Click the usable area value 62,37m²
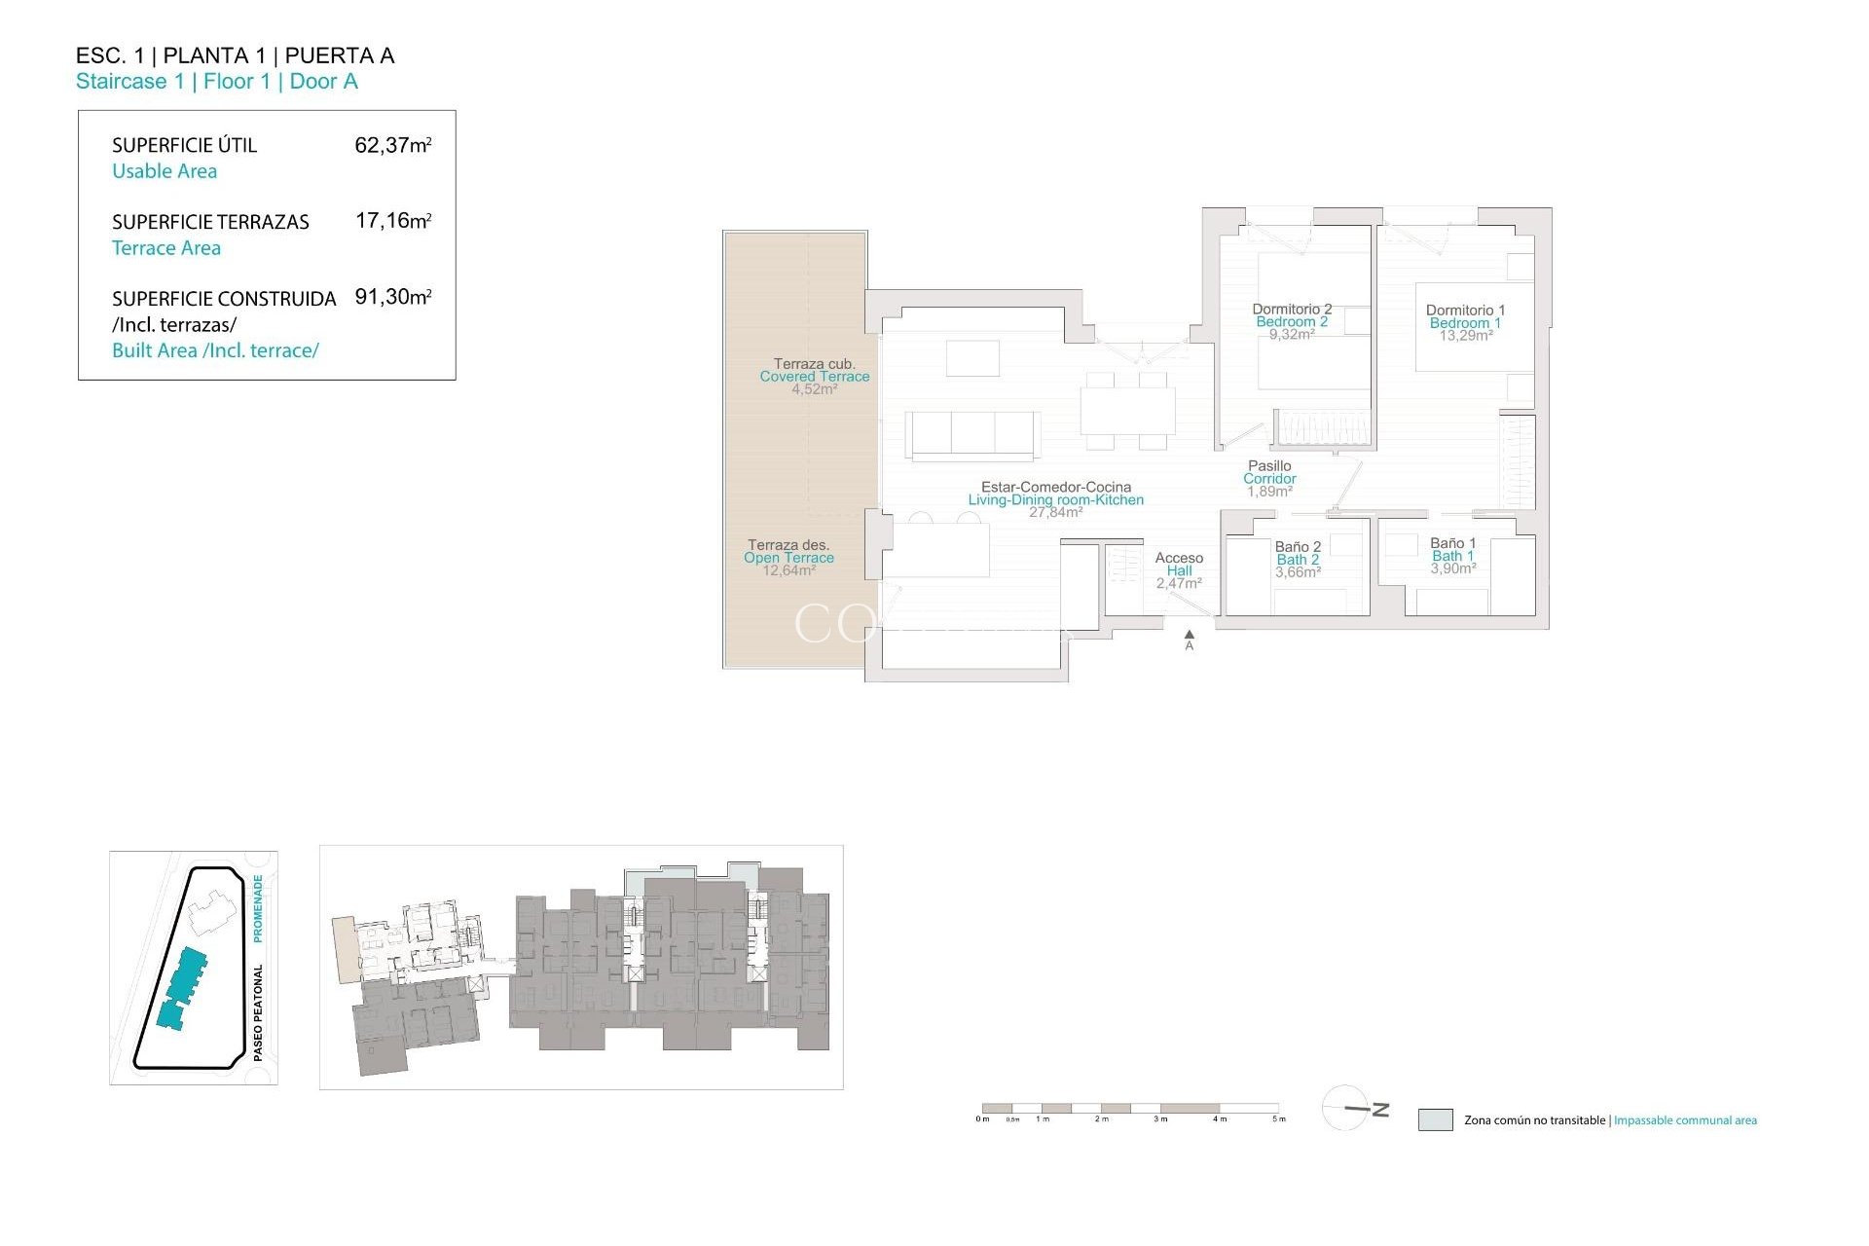click(x=392, y=146)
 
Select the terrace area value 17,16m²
click(x=392, y=221)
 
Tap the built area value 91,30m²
click(x=392, y=297)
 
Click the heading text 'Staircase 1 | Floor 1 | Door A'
click(x=217, y=82)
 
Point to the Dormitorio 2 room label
click(x=1292, y=310)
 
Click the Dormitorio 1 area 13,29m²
click(x=1466, y=336)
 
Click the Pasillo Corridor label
click(x=1269, y=472)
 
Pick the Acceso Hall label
click(x=1179, y=565)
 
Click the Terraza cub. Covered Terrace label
click(x=815, y=370)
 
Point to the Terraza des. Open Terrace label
click(x=788, y=551)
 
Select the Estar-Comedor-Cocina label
click(x=1056, y=487)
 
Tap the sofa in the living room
click(x=971, y=434)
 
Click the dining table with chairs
click(x=1127, y=410)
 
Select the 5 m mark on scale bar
click(x=1279, y=1118)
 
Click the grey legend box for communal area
click(x=1435, y=1119)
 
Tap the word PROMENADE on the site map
click(x=258, y=908)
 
